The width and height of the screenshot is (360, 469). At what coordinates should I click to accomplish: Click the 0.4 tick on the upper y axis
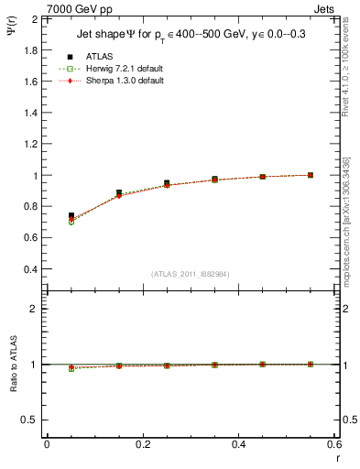click(30, 269)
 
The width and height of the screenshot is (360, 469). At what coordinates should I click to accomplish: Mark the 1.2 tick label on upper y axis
click(30, 144)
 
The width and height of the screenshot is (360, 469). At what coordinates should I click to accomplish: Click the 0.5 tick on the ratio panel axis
click(30, 420)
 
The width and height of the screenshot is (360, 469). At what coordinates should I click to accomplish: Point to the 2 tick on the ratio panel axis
click(34, 310)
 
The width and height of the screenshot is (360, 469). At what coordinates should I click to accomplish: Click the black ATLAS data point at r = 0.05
click(71, 215)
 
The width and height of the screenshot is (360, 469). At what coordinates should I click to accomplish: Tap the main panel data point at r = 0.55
click(311, 175)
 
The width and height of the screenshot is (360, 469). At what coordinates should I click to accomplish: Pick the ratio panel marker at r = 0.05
click(71, 367)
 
